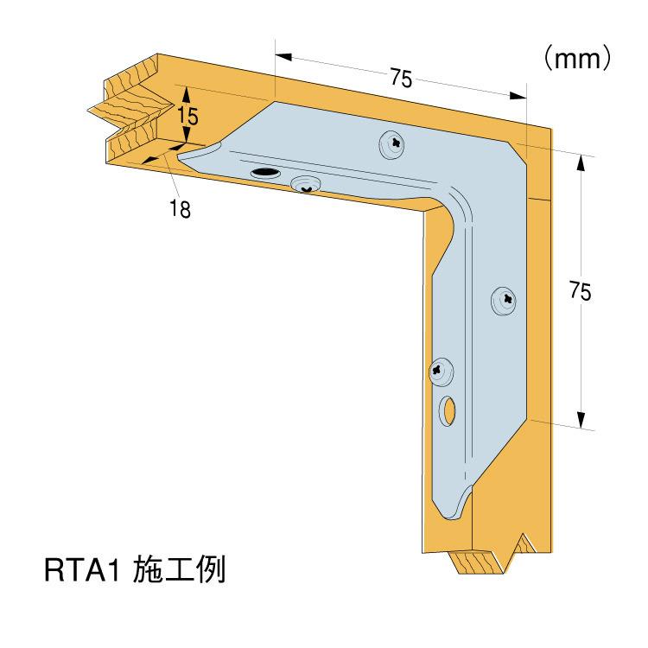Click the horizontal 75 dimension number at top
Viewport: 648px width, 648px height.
point(399,78)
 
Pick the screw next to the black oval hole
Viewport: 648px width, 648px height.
point(306,183)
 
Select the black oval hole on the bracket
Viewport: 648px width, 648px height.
point(265,174)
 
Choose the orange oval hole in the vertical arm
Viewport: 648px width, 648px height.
point(449,411)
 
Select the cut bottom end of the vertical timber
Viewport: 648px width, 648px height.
point(484,560)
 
